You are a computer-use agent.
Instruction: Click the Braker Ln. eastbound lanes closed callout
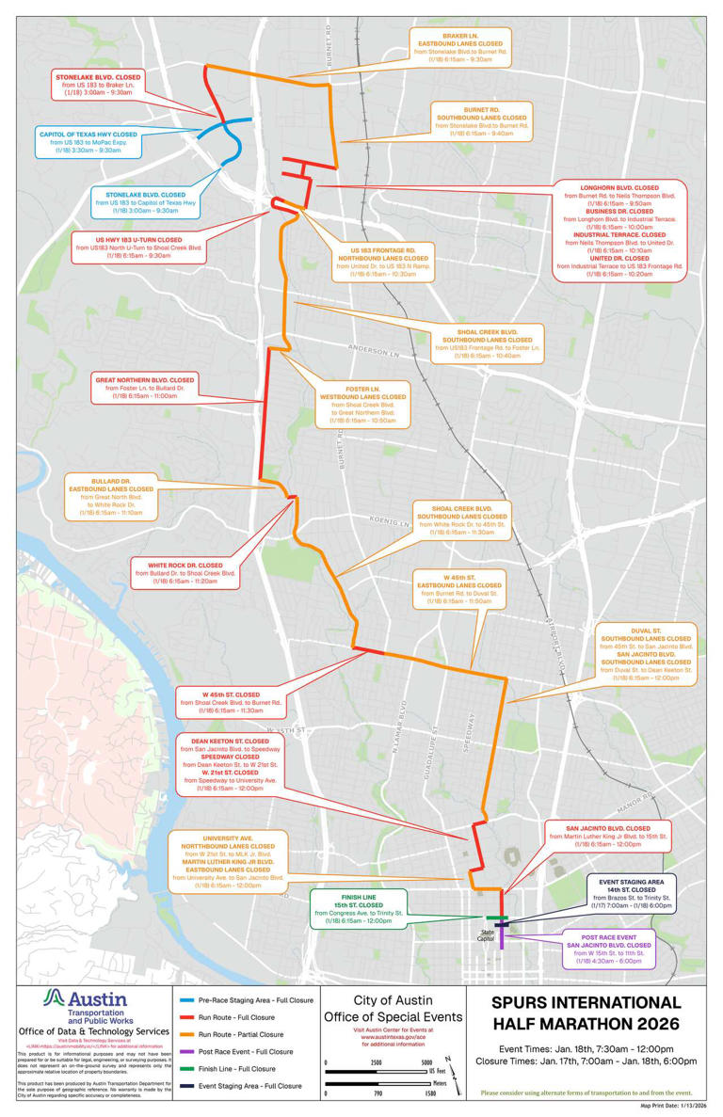pyautogui.click(x=460, y=47)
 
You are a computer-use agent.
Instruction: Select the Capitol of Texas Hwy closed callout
pyautogui.click(x=88, y=142)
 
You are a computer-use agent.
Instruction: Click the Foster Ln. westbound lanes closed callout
pyautogui.click(x=362, y=406)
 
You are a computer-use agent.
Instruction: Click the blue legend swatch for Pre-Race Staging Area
pyautogui.click(x=189, y=999)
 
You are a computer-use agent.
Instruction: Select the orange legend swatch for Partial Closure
pyautogui.click(x=189, y=1034)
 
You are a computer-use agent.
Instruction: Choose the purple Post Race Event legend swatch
pyautogui.click(x=189, y=1051)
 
